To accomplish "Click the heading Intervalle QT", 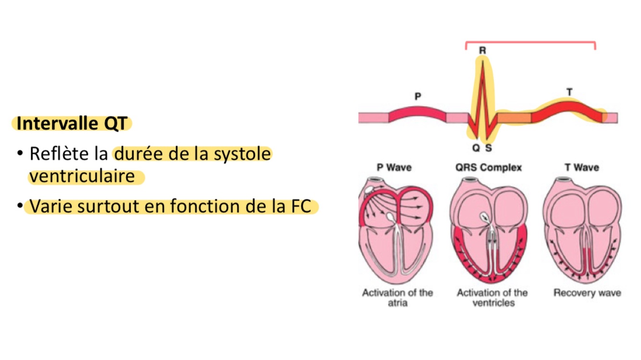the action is [x=72, y=124].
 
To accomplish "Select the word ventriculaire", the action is [x=82, y=176].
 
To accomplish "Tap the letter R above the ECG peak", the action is [x=482, y=50].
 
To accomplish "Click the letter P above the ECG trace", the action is [x=418, y=96].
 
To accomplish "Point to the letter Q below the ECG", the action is [x=476, y=148].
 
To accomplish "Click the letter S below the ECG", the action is [x=489, y=148].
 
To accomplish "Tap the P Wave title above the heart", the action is [x=394, y=168].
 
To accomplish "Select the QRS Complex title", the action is [x=488, y=168].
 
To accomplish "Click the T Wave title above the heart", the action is [x=581, y=168].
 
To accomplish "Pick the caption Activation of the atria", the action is [x=397, y=298].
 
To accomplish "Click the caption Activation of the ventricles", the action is [x=492, y=298].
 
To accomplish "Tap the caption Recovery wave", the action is [x=587, y=293].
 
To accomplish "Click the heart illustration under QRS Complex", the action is [x=489, y=231].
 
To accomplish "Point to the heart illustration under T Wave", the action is [x=582, y=231].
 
